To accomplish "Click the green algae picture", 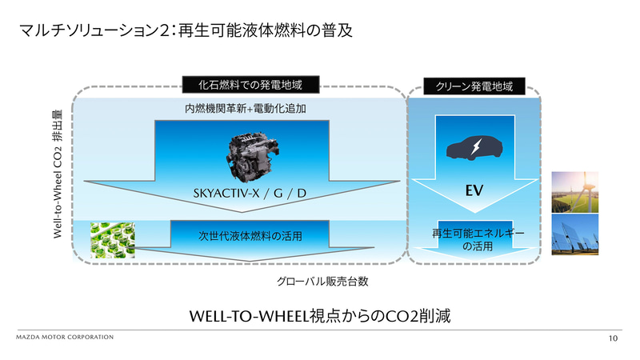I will (114, 241).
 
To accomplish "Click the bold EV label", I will (474, 191).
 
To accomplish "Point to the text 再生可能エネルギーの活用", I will (477, 239).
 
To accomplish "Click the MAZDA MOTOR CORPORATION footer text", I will (66, 338).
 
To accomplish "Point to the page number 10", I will (613, 339).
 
